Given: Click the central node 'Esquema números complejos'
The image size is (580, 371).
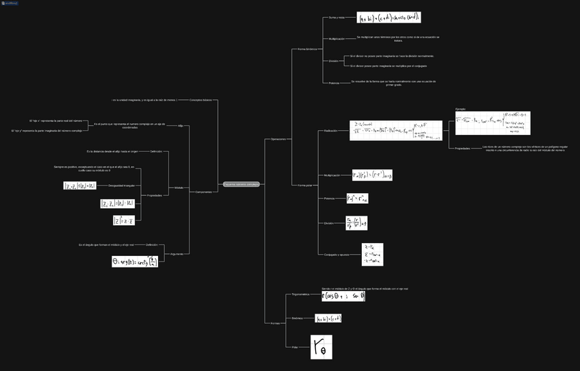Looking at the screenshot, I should coord(241,184).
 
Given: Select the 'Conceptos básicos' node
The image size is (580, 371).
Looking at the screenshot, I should coord(200,100).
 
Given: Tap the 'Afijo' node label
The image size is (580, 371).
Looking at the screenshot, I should coord(181,126).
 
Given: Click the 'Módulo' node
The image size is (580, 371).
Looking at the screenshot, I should coord(179,187).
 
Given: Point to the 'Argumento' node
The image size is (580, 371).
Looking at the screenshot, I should coord(176,253).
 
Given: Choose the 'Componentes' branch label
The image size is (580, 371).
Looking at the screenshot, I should coord(203,192).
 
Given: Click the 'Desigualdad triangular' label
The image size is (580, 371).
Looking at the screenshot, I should coord(120,186).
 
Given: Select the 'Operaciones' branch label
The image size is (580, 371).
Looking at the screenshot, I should coord(278,139).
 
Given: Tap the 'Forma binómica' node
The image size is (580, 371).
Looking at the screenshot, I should coord(306,49).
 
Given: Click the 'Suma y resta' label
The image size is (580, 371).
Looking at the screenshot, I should coord(337,18).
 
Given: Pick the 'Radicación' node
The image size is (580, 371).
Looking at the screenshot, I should coord(330,130).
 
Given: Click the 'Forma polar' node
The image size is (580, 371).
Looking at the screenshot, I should coord(304,185).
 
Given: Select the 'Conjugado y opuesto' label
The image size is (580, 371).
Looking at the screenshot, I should coord(337,254).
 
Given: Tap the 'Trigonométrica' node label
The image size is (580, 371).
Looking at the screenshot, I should coord(300,294).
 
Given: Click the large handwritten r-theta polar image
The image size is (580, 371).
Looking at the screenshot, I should coord(321,347).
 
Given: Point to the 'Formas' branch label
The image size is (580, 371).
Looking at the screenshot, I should coord(275,323).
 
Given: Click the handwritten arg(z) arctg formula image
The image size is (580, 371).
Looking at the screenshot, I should coord(135,261).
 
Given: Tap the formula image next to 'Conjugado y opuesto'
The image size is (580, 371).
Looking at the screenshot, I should coord(373,254).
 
